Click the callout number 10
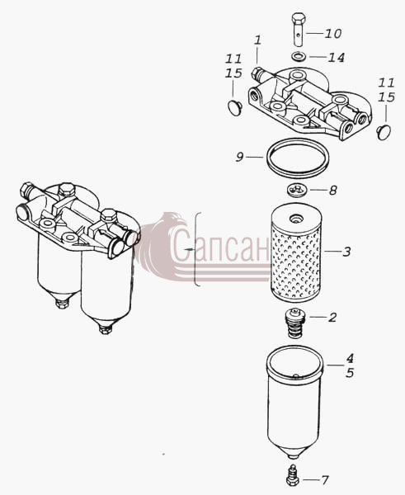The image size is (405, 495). pyautogui.click(x=333, y=34)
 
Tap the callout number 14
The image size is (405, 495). pyautogui.click(x=336, y=58)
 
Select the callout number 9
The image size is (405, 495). pyautogui.click(x=239, y=157)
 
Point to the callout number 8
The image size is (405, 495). pyautogui.click(x=333, y=191)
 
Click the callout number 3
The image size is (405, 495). pyautogui.click(x=346, y=252)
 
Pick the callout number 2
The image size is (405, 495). pyautogui.click(x=332, y=318)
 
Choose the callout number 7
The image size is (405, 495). pyautogui.click(x=325, y=480)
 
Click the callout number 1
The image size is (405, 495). pyautogui.click(x=258, y=40)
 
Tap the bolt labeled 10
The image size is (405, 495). pyautogui.click(x=299, y=29)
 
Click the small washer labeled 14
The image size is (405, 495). pyautogui.click(x=299, y=57)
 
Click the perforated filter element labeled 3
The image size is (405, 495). pyautogui.click(x=296, y=252)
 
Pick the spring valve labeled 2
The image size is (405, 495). pyautogui.click(x=294, y=323)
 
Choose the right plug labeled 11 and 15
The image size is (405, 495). pyautogui.click(x=384, y=132)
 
